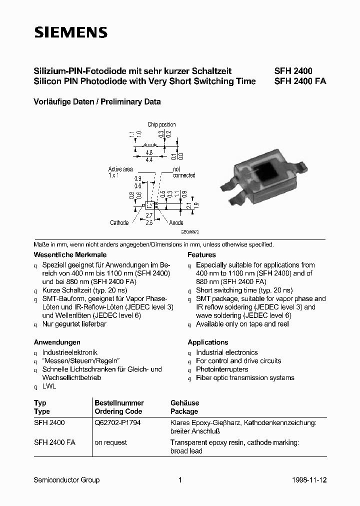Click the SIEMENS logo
[x=70, y=33]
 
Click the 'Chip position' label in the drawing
[x=161, y=124]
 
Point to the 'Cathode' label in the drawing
[x=119, y=222]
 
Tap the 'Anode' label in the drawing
[x=176, y=222]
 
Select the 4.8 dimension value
[x=148, y=152]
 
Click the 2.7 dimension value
[x=149, y=215]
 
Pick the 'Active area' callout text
[x=120, y=169]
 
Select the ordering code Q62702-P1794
[x=116, y=422]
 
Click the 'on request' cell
[x=110, y=442]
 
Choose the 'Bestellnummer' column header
[x=119, y=402]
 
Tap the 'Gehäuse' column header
[x=184, y=402]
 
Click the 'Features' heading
[x=201, y=254]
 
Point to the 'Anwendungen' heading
[x=57, y=342]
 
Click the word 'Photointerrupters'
[x=222, y=369]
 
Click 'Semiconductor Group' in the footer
[x=66, y=480]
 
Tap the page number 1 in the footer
[x=180, y=480]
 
